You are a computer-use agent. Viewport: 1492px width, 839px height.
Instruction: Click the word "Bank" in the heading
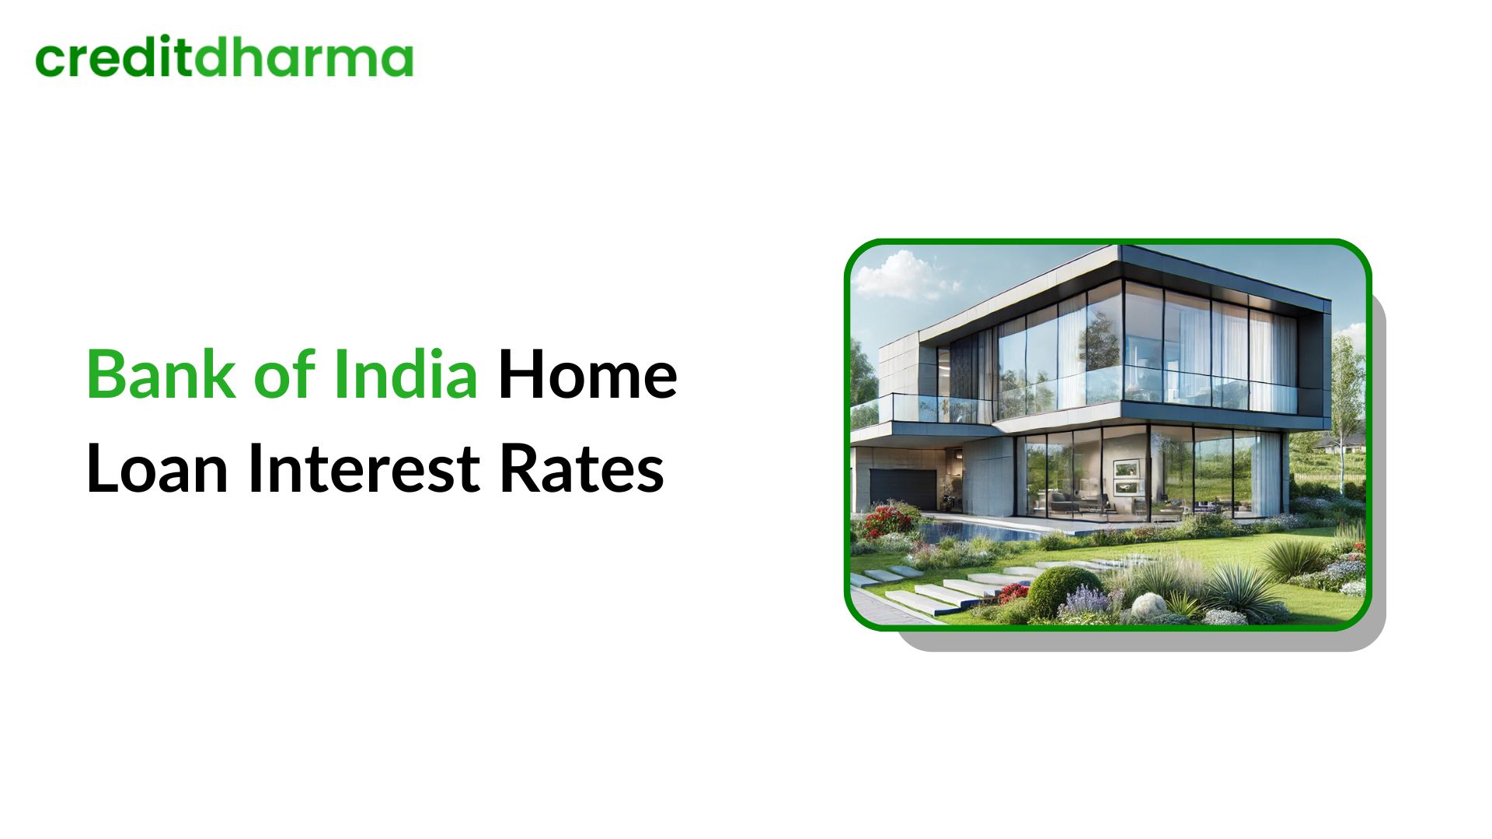[x=160, y=375]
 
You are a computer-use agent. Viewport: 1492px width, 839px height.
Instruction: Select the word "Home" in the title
[x=587, y=375]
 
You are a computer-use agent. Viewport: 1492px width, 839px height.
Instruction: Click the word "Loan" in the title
[x=157, y=469]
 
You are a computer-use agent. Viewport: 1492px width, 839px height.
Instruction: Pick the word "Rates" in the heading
[x=581, y=469]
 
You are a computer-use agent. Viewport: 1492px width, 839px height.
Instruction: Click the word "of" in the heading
[x=283, y=375]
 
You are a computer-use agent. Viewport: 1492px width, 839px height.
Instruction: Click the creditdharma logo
[x=225, y=58]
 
